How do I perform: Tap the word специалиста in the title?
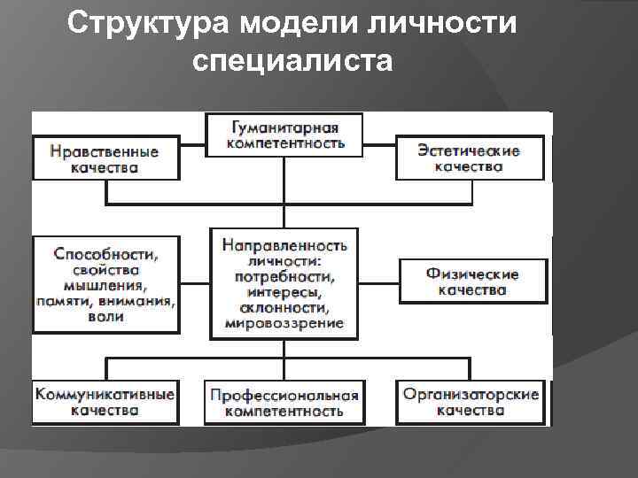pos(290,61)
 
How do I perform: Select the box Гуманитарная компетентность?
pos(284,135)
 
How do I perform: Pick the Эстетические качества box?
pos(469,158)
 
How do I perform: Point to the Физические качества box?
pos(471,281)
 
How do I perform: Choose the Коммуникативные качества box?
pos(105,402)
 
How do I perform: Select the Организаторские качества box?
pos(471,402)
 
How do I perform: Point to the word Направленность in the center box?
pos(284,244)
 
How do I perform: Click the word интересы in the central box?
pos(284,292)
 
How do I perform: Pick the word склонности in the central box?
pos(284,308)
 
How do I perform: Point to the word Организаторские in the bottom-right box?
pos(471,394)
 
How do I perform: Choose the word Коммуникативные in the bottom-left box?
pos(105,394)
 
